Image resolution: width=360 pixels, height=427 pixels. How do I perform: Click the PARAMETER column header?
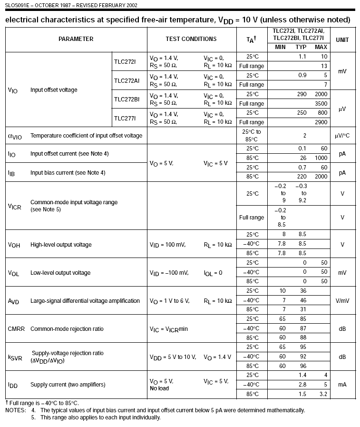point(76,39)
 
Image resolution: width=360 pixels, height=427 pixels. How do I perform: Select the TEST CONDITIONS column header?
point(191,39)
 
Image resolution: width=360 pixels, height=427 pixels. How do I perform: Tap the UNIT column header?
point(342,39)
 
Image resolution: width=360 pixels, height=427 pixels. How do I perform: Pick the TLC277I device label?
point(125,118)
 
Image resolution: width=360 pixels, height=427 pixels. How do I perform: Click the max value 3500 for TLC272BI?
point(321,104)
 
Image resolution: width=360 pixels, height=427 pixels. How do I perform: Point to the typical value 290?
point(302,94)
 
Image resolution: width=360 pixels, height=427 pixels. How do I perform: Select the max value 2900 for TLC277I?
point(321,122)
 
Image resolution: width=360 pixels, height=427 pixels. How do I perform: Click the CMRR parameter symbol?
point(16,329)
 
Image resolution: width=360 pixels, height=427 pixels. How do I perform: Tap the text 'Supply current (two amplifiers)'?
point(68,385)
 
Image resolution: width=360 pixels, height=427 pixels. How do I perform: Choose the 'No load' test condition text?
point(159,388)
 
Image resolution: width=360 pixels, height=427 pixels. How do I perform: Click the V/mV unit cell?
point(342,301)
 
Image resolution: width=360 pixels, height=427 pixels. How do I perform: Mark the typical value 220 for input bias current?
point(302,177)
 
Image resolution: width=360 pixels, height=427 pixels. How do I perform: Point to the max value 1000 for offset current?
point(321,158)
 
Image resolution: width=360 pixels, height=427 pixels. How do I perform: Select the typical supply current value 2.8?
point(302,385)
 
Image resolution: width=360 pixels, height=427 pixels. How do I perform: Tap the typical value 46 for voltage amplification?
point(303,301)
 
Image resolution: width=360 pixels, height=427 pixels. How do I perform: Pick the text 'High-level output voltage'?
point(61,245)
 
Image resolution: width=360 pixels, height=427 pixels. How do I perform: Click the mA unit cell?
point(342,385)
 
